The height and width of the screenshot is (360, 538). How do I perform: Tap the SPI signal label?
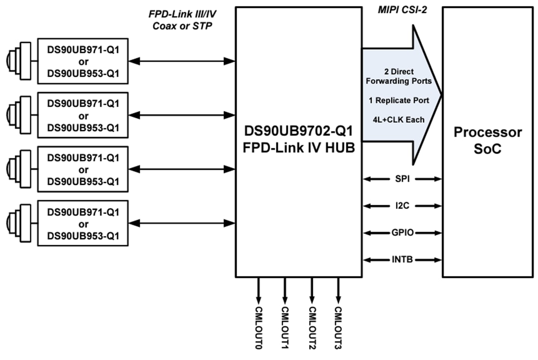(403, 179)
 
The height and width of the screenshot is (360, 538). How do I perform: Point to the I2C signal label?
(403, 206)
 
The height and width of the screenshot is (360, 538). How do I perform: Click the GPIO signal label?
(403, 233)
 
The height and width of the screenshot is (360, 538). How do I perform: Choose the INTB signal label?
(403, 260)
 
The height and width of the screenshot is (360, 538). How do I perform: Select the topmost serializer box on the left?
(83, 61)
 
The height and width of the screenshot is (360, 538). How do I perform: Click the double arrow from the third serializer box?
(182, 169)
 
